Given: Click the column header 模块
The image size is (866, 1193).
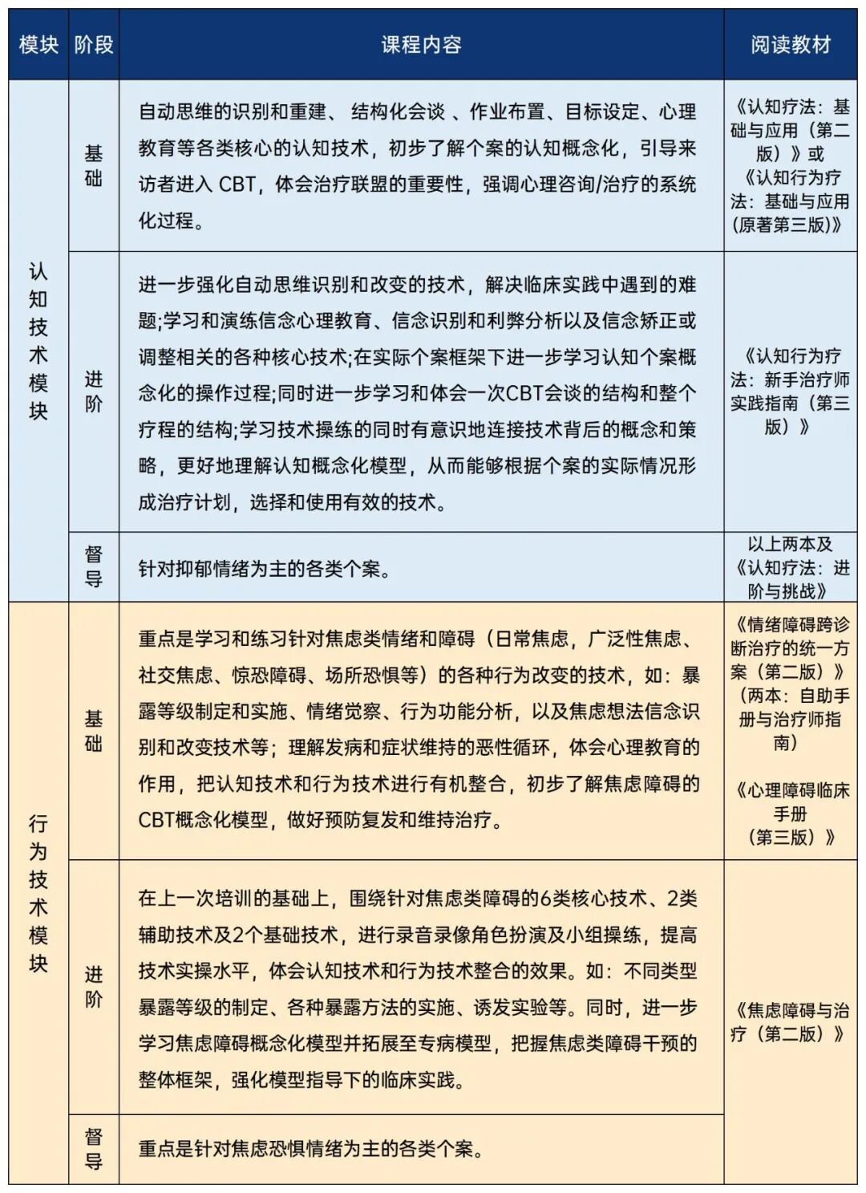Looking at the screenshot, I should pyautogui.click(x=38, y=45).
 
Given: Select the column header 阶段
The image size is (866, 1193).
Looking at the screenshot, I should pyautogui.click(x=94, y=45).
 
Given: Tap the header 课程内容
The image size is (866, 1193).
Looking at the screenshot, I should pyautogui.click(x=421, y=45).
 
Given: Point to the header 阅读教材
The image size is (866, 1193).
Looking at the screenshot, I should pyautogui.click(x=790, y=45).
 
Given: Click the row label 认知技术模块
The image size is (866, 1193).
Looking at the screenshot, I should pyautogui.click(x=38, y=341).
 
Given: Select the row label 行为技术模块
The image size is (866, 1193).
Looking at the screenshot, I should pyautogui.click(x=38, y=893).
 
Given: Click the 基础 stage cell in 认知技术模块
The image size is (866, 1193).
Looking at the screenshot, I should pyautogui.click(x=94, y=165).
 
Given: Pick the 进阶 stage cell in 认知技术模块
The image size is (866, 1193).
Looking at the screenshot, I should pyautogui.click(x=94, y=392).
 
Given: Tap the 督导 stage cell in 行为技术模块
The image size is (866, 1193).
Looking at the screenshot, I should pyautogui.click(x=94, y=1148).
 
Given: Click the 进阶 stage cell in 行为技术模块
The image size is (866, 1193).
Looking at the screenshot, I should pyautogui.click(x=94, y=987).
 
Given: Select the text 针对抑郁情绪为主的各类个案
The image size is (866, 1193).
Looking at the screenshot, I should pyautogui.click(x=265, y=569).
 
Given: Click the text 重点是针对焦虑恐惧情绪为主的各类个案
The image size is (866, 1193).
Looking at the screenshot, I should pyautogui.click(x=310, y=1149).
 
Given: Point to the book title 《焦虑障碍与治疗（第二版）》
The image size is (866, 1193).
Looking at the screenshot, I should pyautogui.click(x=790, y=1022).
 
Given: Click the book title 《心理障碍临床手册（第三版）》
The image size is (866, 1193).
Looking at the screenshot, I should pyautogui.click(x=790, y=814).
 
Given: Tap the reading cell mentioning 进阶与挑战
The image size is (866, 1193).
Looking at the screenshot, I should pyautogui.click(x=790, y=567).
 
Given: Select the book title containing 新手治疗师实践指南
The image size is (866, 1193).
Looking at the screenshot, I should pyautogui.click(x=790, y=391).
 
